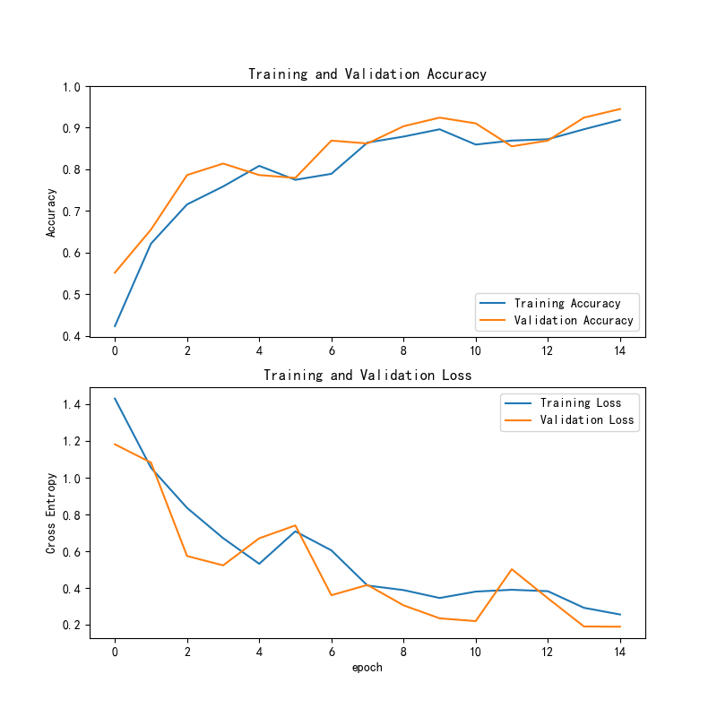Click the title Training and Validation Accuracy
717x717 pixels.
[x=367, y=74]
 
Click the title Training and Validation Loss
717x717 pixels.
[x=367, y=375]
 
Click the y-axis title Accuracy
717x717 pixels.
[x=52, y=212]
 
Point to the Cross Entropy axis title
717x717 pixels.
[x=52, y=513]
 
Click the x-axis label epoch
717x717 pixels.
[x=367, y=667]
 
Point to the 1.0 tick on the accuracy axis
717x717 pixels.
[x=72, y=87]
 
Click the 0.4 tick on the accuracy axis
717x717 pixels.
[x=72, y=336]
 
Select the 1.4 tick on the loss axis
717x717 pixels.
[x=72, y=405]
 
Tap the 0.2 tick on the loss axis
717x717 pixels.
[x=72, y=625]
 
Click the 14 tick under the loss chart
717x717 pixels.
[x=620, y=652]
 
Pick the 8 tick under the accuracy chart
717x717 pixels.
[x=404, y=350]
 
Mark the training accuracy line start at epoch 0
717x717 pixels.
[x=115, y=325]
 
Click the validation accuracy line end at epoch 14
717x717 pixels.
[x=620, y=108]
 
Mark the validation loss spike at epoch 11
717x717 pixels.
[x=512, y=569]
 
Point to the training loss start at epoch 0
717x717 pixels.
[x=115, y=398]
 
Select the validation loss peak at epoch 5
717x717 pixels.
[x=295, y=525]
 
